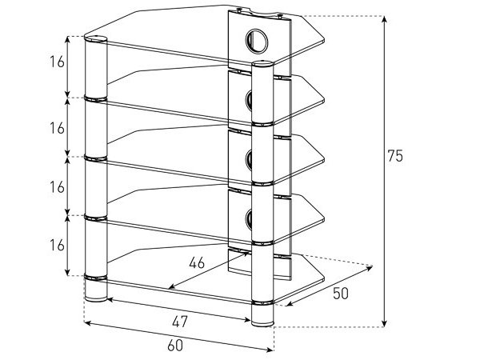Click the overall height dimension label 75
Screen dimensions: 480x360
point(395,156)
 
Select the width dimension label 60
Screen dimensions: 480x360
point(175,346)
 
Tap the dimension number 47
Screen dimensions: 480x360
point(180,322)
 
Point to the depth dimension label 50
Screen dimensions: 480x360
point(341,294)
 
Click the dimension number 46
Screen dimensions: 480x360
point(197,262)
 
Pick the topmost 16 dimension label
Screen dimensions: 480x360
point(57,62)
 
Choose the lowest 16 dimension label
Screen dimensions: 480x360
point(57,245)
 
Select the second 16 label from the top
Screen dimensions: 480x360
point(57,128)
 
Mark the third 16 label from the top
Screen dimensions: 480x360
point(57,187)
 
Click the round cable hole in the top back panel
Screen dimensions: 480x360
point(257,41)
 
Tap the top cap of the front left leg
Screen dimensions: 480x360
point(96,39)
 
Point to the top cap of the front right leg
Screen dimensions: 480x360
point(262,64)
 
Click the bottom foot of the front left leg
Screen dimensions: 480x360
point(96,294)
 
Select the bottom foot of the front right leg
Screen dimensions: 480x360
point(262,318)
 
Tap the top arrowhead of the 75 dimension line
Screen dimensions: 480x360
point(385,18)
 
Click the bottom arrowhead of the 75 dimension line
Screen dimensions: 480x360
point(385,323)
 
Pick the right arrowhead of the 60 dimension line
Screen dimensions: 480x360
point(270,349)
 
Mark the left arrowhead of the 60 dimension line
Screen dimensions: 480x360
point(88,322)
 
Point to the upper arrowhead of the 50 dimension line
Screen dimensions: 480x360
point(369,269)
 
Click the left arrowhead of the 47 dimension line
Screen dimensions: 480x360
point(110,300)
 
